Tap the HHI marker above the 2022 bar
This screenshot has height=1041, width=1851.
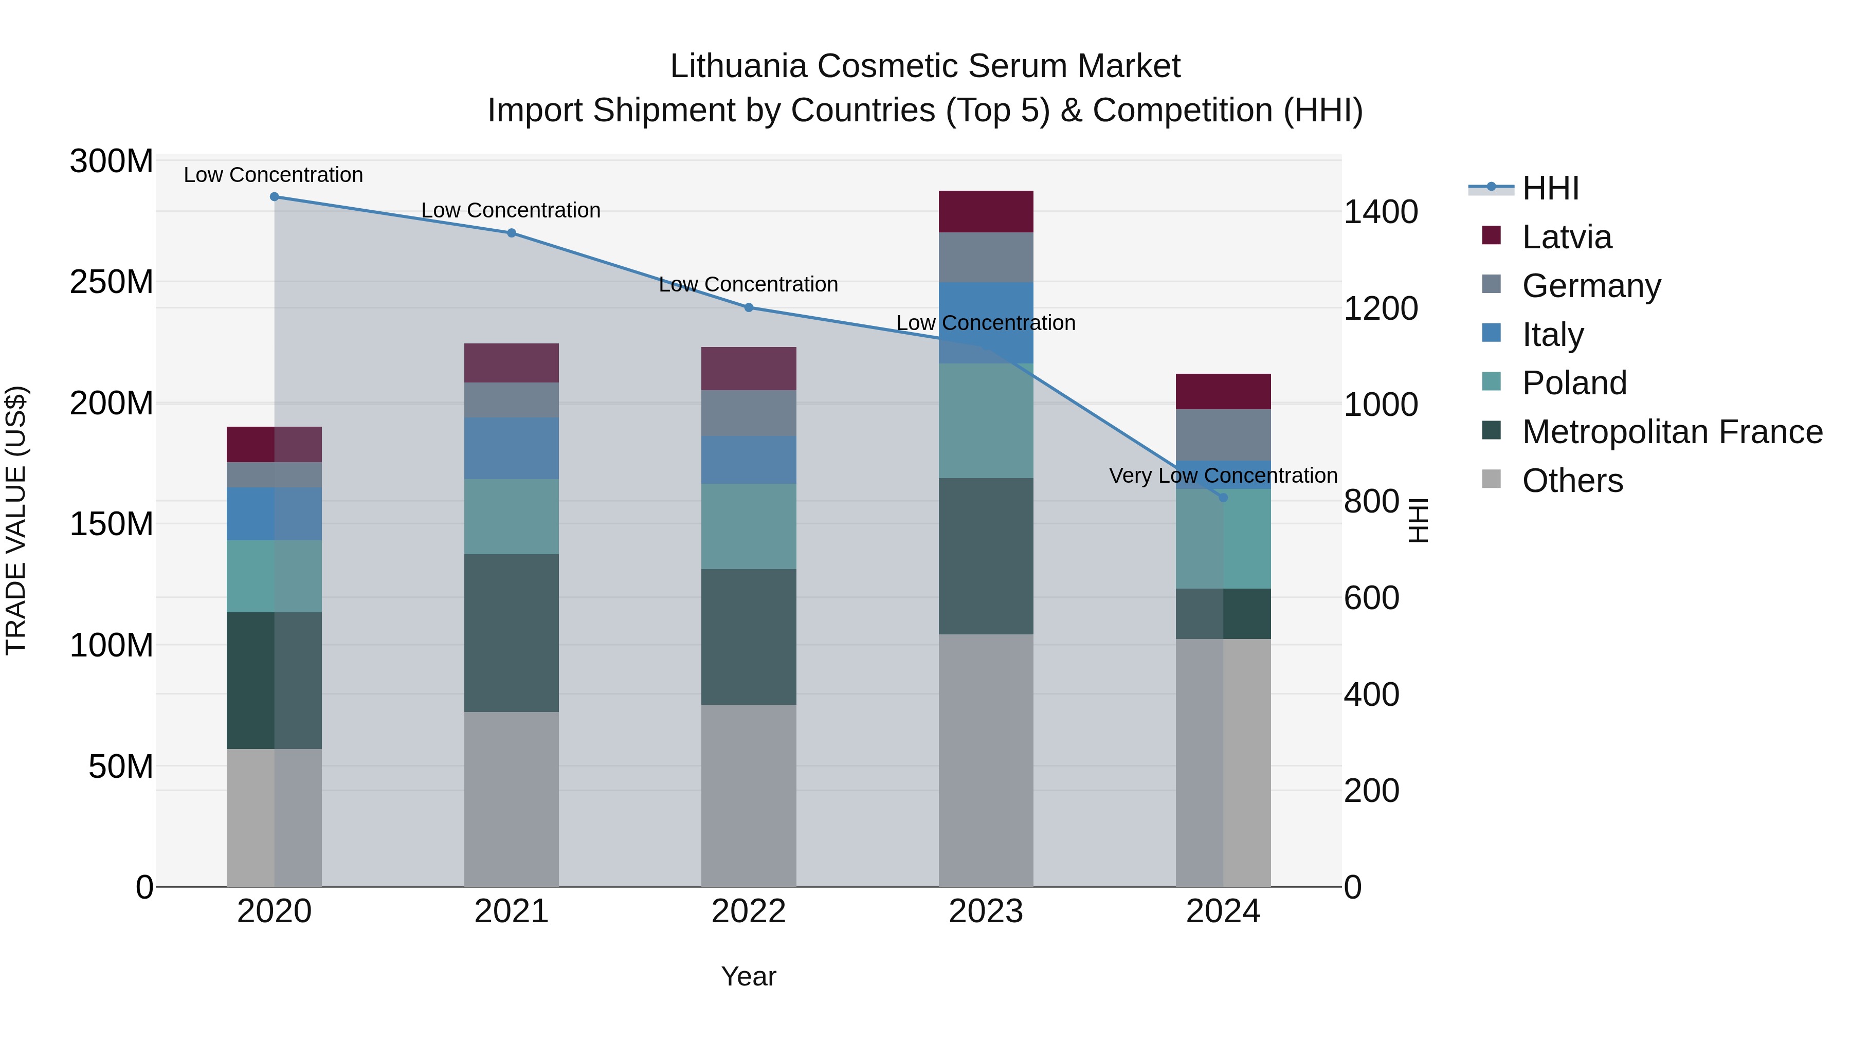[748, 307]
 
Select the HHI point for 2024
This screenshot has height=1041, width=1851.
[1223, 497]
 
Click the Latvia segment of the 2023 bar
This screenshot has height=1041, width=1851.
[985, 211]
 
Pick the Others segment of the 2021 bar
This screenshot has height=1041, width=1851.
[511, 798]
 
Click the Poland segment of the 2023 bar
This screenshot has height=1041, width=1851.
[985, 421]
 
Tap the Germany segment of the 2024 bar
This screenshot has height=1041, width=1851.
[1223, 434]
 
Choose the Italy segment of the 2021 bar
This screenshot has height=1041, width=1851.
[511, 448]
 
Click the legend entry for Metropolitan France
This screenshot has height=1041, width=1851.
[1672, 432]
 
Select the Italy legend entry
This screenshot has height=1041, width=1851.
[1552, 335]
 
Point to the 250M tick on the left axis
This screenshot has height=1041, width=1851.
[112, 282]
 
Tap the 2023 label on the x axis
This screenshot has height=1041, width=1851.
[985, 911]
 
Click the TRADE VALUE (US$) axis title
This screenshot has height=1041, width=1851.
[16, 521]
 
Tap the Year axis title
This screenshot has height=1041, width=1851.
[748, 976]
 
